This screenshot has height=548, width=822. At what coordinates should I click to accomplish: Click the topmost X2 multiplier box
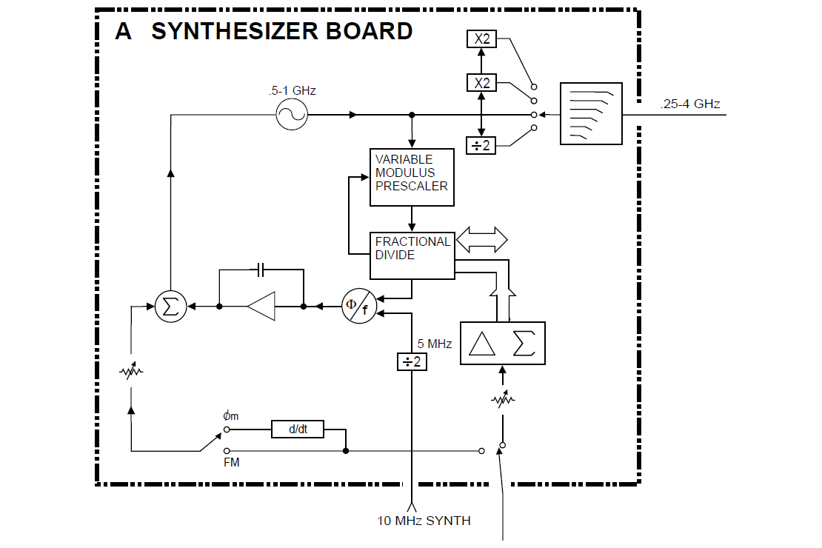(x=482, y=39)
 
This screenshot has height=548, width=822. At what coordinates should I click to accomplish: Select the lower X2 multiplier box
(x=482, y=82)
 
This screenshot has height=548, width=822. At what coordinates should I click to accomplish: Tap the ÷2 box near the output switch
(x=482, y=146)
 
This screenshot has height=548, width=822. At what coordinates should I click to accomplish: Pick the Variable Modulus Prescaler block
(x=412, y=177)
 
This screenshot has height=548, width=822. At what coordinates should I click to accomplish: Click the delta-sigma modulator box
(x=503, y=344)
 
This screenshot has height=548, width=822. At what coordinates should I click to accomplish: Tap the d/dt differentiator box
(x=298, y=430)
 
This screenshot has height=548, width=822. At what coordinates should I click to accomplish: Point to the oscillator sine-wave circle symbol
(x=292, y=115)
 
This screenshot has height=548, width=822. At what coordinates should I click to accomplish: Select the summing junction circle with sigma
(x=170, y=306)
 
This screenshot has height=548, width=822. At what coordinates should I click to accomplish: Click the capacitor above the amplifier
(x=261, y=271)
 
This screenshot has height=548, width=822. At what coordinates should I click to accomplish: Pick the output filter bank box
(x=592, y=114)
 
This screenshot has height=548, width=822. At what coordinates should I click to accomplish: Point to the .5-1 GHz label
(x=292, y=90)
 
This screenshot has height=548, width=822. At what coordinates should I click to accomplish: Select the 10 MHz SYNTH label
(x=424, y=521)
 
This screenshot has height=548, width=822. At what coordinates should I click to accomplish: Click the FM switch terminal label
(x=232, y=462)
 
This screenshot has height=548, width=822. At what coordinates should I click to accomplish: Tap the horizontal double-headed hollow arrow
(x=482, y=239)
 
